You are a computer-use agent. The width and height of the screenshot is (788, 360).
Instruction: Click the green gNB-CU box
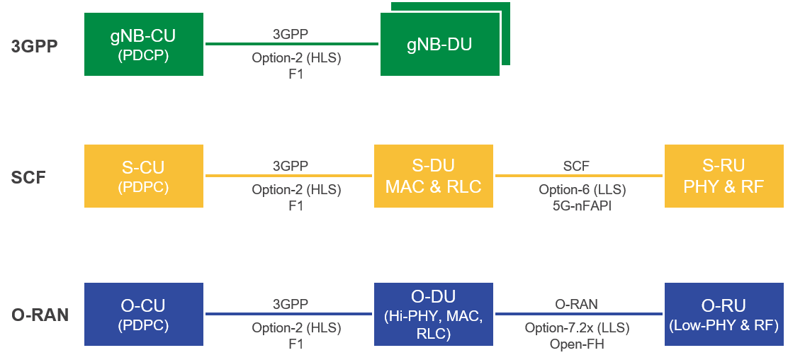[x=144, y=44]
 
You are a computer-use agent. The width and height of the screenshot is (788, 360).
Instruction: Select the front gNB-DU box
[x=439, y=44]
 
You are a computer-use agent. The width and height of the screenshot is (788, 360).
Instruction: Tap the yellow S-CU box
[x=144, y=176]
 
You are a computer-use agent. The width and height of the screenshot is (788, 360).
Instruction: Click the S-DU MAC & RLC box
[x=433, y=176]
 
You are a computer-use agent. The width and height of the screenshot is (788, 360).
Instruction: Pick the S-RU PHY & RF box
[x=723, y=176]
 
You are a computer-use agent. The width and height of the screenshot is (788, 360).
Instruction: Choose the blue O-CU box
[x=144, y=314]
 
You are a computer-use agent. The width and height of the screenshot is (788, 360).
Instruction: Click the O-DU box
[x=433, y=314]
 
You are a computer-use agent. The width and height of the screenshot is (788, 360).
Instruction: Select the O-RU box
[x=723, y=314]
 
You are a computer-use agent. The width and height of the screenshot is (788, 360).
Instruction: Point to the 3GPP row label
[x=34, y=47]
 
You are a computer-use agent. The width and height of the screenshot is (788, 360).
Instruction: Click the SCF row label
[x=28, y=177]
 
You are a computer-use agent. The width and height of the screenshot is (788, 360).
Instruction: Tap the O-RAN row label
[x=40, y=315]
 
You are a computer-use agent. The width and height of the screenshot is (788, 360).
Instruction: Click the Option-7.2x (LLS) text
[x=577, y=328]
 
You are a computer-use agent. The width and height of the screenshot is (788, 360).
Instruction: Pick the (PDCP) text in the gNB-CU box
[x=143, y=54]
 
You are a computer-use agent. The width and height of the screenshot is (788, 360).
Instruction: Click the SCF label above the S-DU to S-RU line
[x=576, y=166]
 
